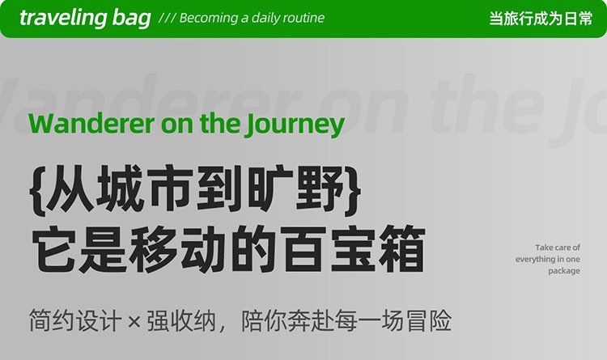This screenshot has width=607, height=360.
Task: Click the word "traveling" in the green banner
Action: (62, 18)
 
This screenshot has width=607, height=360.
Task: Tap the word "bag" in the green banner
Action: (132, 19)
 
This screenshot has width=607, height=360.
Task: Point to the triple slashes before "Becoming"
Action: (167, 18)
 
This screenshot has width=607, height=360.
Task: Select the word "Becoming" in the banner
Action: (209, 19)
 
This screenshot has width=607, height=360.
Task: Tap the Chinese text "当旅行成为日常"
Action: (541, 18)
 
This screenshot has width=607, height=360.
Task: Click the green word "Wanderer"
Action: (91, 124)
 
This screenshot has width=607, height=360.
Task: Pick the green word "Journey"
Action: (294, 125)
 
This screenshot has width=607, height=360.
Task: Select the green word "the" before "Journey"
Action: (219, 123)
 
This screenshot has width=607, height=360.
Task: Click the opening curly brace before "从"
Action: (38, 190)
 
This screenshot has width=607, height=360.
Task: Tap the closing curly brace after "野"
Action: (352, 190)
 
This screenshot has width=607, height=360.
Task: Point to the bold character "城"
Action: (120, 189)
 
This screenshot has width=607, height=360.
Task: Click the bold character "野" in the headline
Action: (320, 189)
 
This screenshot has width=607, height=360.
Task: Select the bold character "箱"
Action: (401, 249)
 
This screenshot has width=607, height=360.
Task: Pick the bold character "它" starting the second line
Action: (54, 249)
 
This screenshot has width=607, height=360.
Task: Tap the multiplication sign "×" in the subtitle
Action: (134, 321)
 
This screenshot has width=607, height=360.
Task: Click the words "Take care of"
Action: (558, 248)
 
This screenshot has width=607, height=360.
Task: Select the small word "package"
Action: (564, 271)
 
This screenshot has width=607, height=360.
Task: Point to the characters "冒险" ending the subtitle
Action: (429, 321)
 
